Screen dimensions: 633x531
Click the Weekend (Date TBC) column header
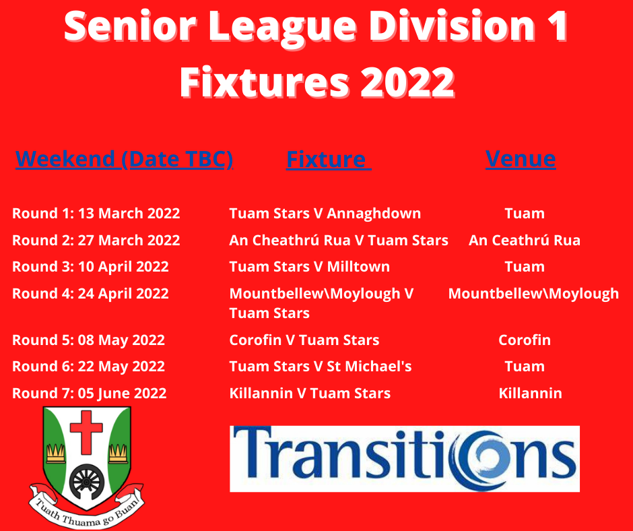124,159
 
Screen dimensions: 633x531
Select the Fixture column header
329,159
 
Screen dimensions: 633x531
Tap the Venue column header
521,158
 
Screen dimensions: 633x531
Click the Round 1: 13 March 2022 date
96,213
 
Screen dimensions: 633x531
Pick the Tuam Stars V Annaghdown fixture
325,213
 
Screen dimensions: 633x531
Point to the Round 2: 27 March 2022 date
96,240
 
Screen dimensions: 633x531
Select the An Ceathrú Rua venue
525,240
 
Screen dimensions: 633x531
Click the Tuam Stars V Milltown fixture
310,267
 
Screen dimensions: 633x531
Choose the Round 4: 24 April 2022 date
90,293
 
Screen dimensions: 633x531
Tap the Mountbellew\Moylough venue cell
533,293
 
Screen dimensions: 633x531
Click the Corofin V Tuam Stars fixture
304,340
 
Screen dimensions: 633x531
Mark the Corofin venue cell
525,340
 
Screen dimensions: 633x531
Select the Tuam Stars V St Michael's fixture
321,366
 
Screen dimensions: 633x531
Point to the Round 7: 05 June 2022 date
89,394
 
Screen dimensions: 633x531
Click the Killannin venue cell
530,394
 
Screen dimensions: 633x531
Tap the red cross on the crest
86,433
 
